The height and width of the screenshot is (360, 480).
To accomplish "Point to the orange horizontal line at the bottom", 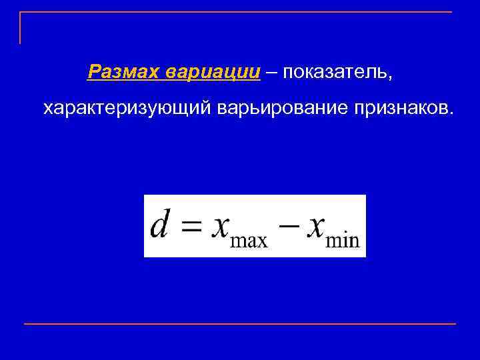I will (240, 324).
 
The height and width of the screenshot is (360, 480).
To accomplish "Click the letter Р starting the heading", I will (94, 71).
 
